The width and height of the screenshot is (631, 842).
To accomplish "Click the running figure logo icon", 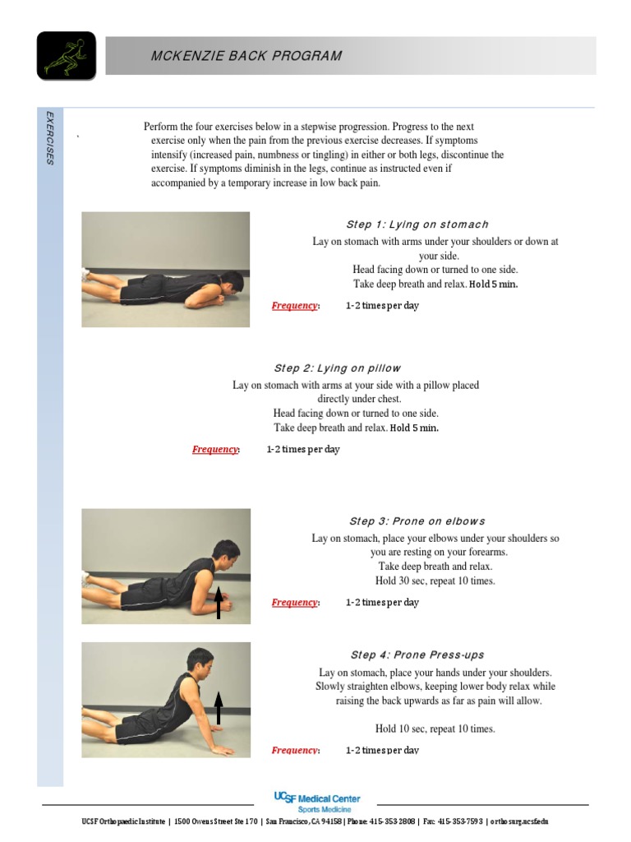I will pos(66,56).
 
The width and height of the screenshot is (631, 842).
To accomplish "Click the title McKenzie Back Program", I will pos(246,56).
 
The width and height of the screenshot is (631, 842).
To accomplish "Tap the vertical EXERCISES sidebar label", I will pos(50,138).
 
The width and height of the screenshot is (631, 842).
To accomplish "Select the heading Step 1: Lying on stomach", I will pos(417,224).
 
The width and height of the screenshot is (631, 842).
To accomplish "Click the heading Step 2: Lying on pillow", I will pos(337,368).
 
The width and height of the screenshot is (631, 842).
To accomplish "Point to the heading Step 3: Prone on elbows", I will pos(417,521).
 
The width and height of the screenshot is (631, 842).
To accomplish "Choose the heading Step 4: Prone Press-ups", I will pos(417,655).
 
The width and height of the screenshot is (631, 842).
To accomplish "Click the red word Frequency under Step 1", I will pos(295,306).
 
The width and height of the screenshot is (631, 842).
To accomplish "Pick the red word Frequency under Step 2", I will pos(215,450).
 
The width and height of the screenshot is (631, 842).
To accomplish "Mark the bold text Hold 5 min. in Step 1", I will pos(493,285).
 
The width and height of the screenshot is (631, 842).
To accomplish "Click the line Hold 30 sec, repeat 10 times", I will pos(435,581).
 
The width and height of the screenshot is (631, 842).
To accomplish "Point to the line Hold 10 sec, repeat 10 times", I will pos(435,729).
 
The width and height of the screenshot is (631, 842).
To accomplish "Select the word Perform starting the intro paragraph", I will pos(163,127).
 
